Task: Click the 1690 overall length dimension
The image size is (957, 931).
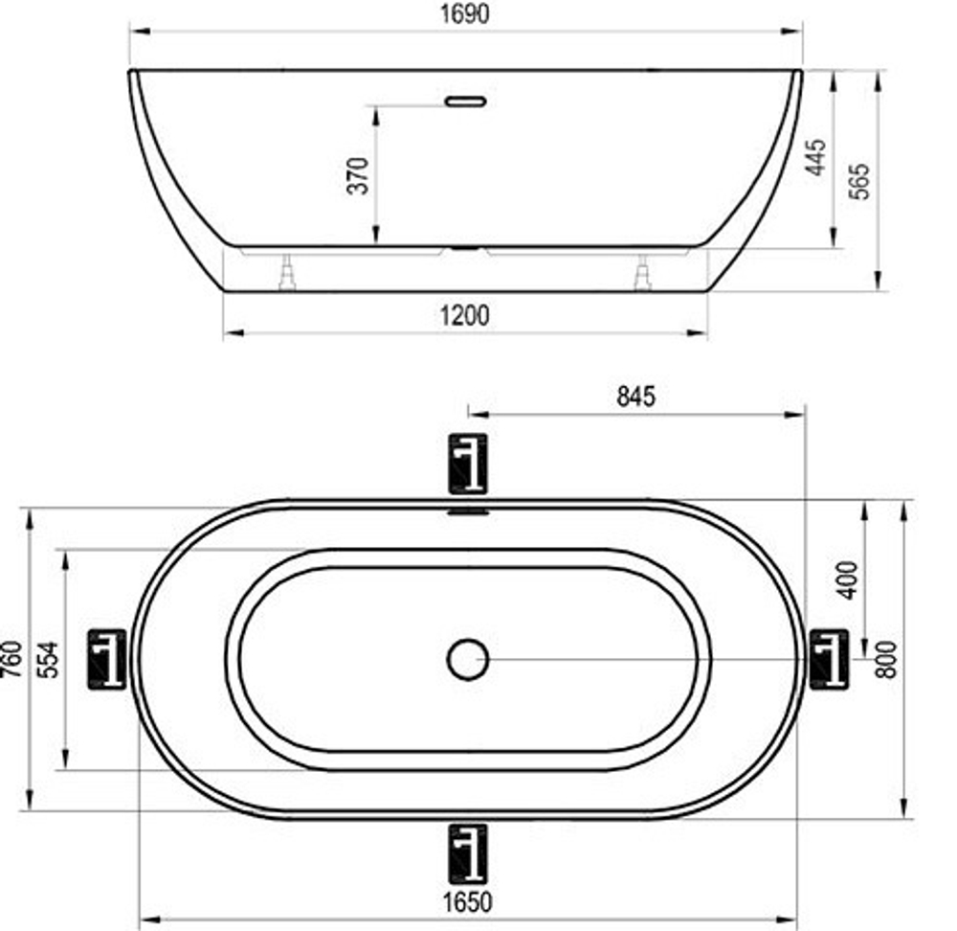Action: (x=465, y=15)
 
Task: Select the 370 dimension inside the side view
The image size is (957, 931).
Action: (x=358, y=175)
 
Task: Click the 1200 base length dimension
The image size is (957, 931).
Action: (x=465, y=315)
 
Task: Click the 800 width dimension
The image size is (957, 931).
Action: (x=887, y=659)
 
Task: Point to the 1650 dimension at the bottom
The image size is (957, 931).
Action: (x=468, y=901)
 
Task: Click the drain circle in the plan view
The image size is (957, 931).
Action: (x=468, y=659)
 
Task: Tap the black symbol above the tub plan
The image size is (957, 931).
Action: (x=468, y=464)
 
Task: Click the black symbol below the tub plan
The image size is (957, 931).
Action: (x=468, y=852)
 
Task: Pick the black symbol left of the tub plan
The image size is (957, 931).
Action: (x=107, y=659)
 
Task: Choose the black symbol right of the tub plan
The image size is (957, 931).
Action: (x=829, y=659)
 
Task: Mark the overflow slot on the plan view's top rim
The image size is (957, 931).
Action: (x=468, y=511)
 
